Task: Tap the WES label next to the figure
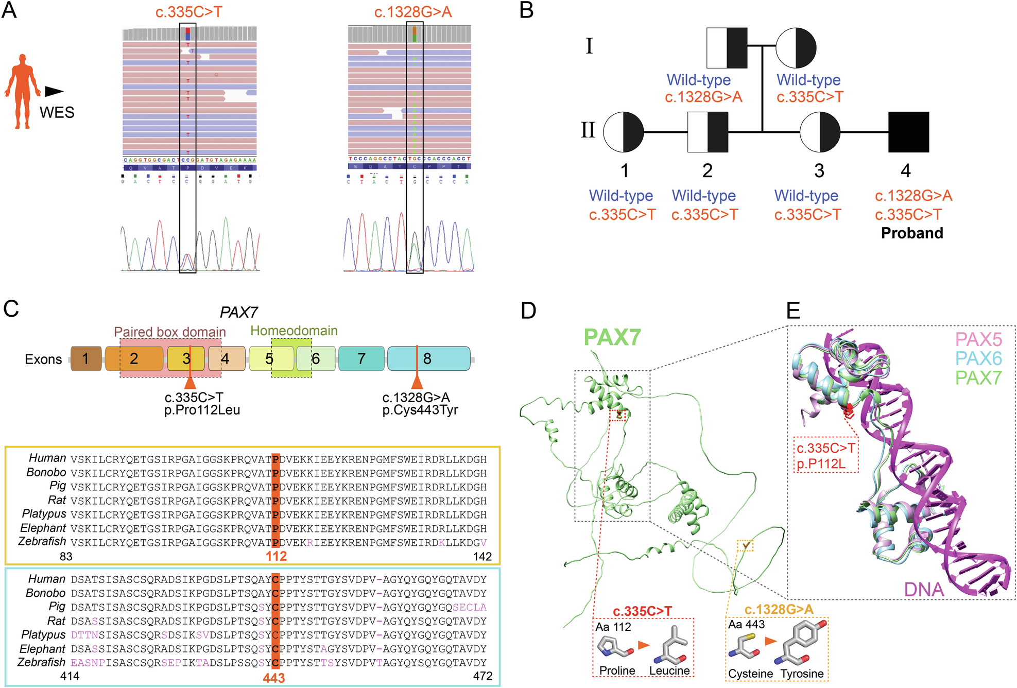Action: [x=57, y=112]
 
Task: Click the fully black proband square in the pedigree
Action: [x=908, y=132]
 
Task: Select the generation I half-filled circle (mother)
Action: [x=796, y=47]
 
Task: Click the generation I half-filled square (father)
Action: [x=727, y=47]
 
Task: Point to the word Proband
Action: [x=912, y=233]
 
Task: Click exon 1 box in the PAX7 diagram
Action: [x=86, y=358]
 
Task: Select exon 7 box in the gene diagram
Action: [x=361, y=358]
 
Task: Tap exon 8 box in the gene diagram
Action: [x=428, y=358]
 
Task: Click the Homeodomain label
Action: [x=294, y=331]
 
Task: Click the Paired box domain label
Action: [x=170, y=332]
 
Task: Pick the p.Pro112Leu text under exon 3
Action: [x=202, y=410]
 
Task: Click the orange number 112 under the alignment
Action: [x=276, y=556]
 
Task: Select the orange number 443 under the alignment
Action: [x=273, y=678]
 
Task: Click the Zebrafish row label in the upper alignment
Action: [x=42, y=542]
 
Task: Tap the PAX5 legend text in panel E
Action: [x=978, y=339]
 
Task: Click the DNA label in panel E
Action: [x=924, y=590]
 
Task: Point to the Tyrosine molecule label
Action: [x=802, y=674]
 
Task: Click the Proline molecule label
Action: [x=617, y=670]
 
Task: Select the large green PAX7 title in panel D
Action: [x=612, y=338]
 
